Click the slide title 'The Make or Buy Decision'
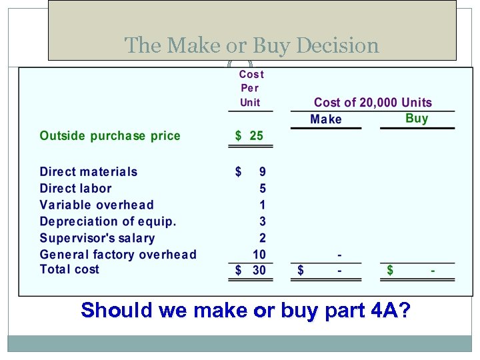click(251, 45)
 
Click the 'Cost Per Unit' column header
click(251, 88)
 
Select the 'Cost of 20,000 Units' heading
click(373, 103)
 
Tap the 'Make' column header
click(326, 119)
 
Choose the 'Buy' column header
click(417, 118)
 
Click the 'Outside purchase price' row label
click(110, 136)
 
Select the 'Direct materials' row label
click(89, 171)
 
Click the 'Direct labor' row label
click(76, 188)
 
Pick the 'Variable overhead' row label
click(97, 205)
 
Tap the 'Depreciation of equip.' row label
click(108, 221)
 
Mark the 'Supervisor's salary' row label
click(97, 238)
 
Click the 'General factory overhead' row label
click(118, 254)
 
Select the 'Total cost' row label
click(69, 269)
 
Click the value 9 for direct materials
click(263, 171)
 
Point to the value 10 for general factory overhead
click(259, 254)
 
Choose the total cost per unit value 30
click(259, 270)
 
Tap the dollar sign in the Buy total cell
click(390, 270)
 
